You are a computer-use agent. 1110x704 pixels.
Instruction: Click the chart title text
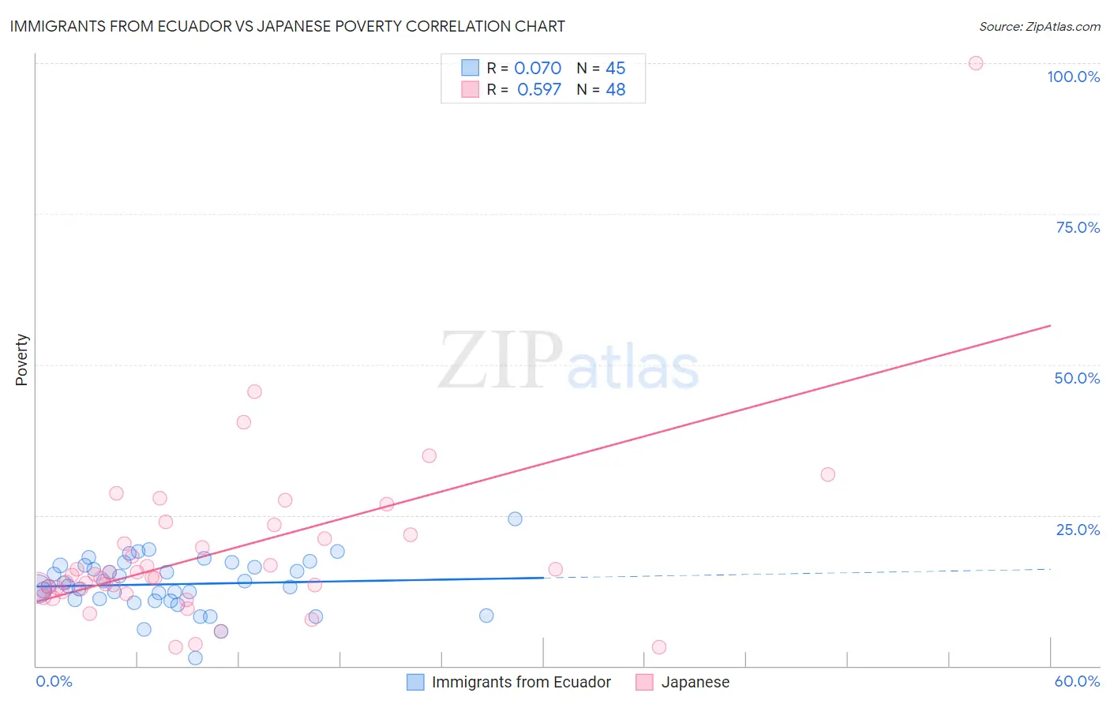[x=287, y=26]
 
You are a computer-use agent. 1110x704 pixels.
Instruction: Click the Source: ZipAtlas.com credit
[x=1039, y=26]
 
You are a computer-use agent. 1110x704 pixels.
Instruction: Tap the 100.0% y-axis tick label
[x=1073, y=77]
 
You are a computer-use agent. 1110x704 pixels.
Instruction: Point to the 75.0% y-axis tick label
[x=1078, y=227]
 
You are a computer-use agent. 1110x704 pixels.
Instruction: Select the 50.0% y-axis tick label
[x=1077, y=378]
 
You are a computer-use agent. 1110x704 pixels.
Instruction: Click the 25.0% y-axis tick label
[x=1078, y=529]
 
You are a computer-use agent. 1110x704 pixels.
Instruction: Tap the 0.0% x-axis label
[x=54, y=681]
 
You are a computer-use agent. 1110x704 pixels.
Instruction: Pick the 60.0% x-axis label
[x=1077, y=681]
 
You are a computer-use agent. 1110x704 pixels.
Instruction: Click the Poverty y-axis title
[x=21, y=360]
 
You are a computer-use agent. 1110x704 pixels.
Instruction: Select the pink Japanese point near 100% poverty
[x=976, y=63]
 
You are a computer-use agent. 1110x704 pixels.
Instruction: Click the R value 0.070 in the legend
[x=538, y=69]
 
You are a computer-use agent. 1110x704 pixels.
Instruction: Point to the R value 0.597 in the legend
[x=539, y=90]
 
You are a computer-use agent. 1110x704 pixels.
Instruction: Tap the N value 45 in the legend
[x=616, y=69]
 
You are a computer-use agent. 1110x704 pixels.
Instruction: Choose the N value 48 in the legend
[x=616, y=90]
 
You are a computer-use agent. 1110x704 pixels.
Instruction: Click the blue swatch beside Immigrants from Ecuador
[x=415, y=682]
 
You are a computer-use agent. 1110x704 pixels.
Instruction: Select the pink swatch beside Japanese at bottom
[x=644, y=682]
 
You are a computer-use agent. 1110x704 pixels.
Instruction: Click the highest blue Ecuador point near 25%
[x=515, y=519]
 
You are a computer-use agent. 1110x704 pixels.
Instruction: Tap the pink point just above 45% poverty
[x=254, y=391]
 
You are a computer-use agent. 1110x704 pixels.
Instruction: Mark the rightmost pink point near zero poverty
[x=659, y=647]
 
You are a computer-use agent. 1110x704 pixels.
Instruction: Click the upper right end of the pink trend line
[x=1050, y=325]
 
